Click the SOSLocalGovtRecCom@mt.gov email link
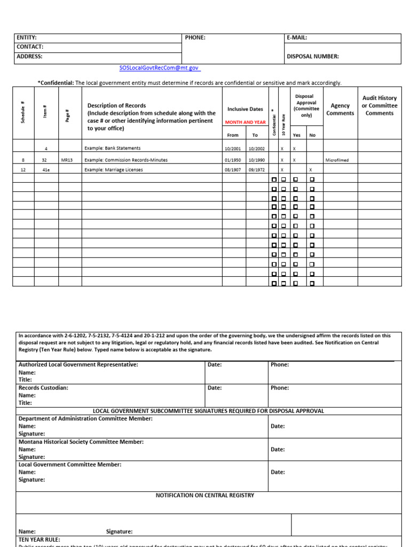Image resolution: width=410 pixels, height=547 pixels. click(160, 68)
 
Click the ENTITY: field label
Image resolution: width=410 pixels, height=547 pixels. click(27, 38)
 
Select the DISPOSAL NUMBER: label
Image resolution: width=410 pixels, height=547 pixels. click(313, 56)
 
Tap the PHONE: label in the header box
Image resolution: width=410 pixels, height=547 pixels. click(195, 38)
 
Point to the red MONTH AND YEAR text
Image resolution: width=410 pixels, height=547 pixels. click(245, 122)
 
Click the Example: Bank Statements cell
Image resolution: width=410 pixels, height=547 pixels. click(113, 148)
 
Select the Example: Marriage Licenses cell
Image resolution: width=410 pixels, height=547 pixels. click(114, 170)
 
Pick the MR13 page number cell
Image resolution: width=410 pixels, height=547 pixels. click(67, 160)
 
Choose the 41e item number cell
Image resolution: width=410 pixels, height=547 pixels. click(46, 170)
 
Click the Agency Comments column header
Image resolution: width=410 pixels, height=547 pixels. click(340, 110)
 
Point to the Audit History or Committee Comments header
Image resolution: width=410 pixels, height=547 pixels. click(380, 106)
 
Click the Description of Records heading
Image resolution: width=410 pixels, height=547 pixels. click(117, 106)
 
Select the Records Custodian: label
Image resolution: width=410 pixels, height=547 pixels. click(43, 388)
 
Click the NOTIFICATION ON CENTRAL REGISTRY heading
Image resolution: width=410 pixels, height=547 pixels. click(205, 496)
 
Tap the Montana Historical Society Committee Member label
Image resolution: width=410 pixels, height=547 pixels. click(81, 442)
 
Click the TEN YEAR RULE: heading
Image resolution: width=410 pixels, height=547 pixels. click(40, 540)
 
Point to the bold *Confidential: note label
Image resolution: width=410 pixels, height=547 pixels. click(56, 83)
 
